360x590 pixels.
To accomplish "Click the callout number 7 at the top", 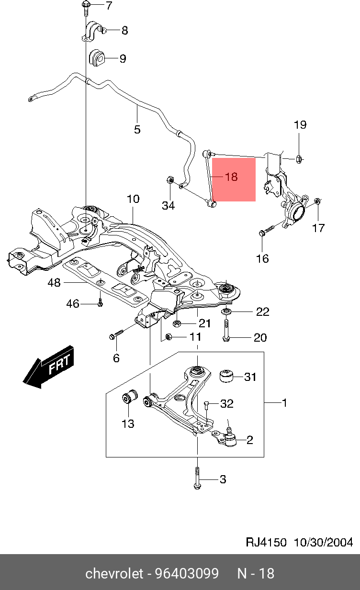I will (109, 6).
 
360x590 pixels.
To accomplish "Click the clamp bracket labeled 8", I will (93, 32).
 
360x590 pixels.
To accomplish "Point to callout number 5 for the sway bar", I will (137, 129).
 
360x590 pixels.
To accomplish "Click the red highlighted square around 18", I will (234, 179).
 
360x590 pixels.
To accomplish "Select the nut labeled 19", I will (298, 158).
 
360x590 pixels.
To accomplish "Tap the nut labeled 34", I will (169, 181).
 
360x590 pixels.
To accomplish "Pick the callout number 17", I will (318, 228).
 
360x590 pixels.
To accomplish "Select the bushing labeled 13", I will (129, 397).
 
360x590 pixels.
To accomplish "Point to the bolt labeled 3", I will (197, 479).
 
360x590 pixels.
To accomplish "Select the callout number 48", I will (55, 283).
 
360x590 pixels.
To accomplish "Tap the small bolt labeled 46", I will (100, 303).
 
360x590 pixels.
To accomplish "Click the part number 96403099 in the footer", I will (187, 573).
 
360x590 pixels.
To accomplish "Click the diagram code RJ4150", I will (266, 542).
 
